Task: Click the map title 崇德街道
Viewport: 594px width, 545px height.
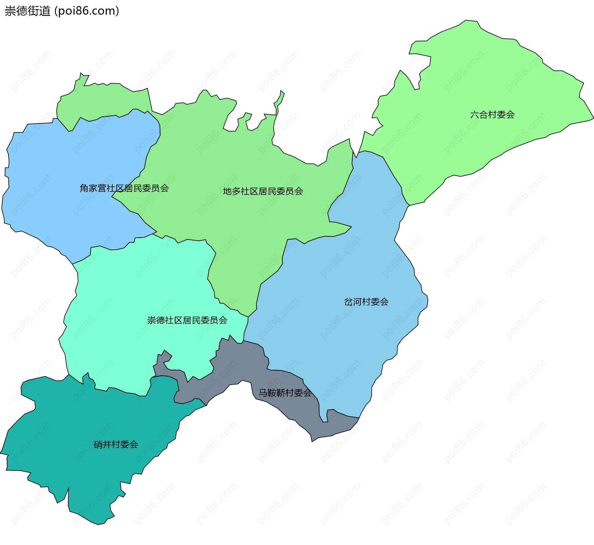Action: point(27,11)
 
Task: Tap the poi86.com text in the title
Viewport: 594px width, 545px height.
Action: point(87,11)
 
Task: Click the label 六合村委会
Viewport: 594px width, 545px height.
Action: point(492,115)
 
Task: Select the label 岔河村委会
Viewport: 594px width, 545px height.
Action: point(366,302)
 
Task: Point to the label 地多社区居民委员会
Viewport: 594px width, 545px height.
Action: point(263,191)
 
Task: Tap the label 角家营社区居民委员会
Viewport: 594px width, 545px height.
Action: point(124,188)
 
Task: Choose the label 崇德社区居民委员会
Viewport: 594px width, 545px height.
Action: point(187,320)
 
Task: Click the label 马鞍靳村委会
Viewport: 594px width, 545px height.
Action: point(285,393)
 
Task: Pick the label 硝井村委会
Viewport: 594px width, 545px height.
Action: point(116,445)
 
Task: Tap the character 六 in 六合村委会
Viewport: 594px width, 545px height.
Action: point(475,115)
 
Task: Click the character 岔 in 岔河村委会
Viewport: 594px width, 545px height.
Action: point(348,302)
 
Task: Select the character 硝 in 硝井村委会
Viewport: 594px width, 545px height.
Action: point(98,445)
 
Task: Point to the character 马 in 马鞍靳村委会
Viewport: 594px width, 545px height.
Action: point(263,393)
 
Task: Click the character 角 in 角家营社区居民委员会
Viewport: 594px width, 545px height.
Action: point(84,188)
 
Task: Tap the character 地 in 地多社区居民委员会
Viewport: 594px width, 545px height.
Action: point(227,191)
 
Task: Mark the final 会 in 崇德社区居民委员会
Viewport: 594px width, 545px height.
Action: point(223,320)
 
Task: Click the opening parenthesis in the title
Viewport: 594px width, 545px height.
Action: point(56,11)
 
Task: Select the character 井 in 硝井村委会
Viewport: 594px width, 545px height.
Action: point(107,445)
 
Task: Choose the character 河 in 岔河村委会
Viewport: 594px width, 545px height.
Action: point(357,302)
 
